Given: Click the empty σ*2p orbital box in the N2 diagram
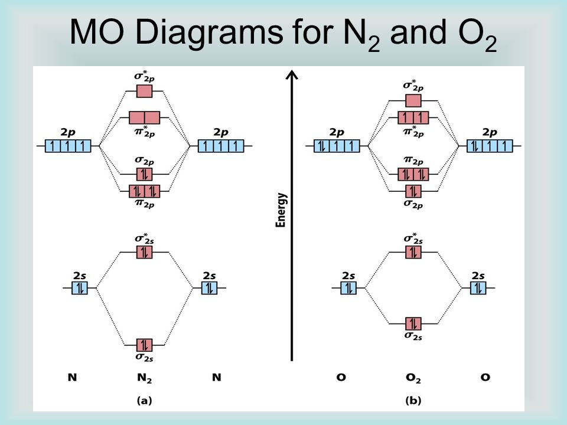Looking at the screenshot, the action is pos(144,91).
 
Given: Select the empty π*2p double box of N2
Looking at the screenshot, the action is pos(144,118).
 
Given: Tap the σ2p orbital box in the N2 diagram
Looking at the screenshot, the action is pos(144,174).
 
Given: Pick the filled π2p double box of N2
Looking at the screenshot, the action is pos(144,191).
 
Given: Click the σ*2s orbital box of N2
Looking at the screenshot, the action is pos(144,252).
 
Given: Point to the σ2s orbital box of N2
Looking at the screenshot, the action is pos(144,345).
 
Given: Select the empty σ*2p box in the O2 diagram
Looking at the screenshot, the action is pos(413,100).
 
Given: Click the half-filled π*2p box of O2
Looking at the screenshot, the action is pos(413,118).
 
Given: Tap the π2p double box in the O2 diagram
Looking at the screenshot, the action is pos(413,174).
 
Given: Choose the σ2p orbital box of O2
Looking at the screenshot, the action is pos(413,191).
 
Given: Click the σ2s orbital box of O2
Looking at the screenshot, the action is pos(413,324).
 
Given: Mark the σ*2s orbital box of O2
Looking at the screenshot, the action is pos(413,252).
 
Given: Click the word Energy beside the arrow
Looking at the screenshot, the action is pos(281,210).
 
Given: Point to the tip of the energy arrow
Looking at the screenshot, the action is pos(292,71).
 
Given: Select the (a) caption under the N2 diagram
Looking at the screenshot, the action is pos(144,400).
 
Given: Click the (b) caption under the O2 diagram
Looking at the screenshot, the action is pos(413,400).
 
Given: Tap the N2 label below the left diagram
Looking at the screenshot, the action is pos(144,378).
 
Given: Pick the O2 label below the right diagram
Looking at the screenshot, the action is pos(413,378).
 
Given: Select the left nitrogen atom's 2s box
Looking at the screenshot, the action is pos(80,288).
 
